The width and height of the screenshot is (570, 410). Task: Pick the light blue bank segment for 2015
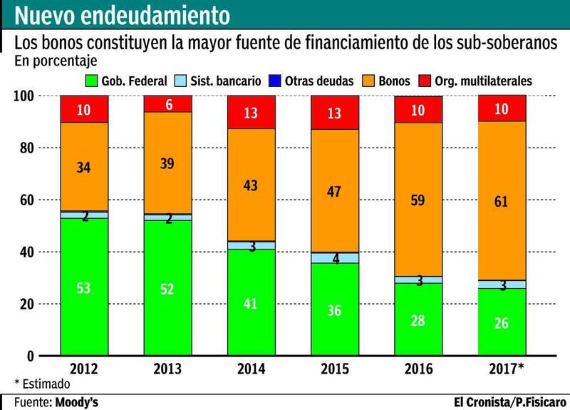334,258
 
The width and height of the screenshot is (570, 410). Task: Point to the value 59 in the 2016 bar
418,200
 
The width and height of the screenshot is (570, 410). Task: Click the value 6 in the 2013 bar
168,103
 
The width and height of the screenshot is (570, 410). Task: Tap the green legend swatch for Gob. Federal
91,81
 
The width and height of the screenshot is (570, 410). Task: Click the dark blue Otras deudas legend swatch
274,81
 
